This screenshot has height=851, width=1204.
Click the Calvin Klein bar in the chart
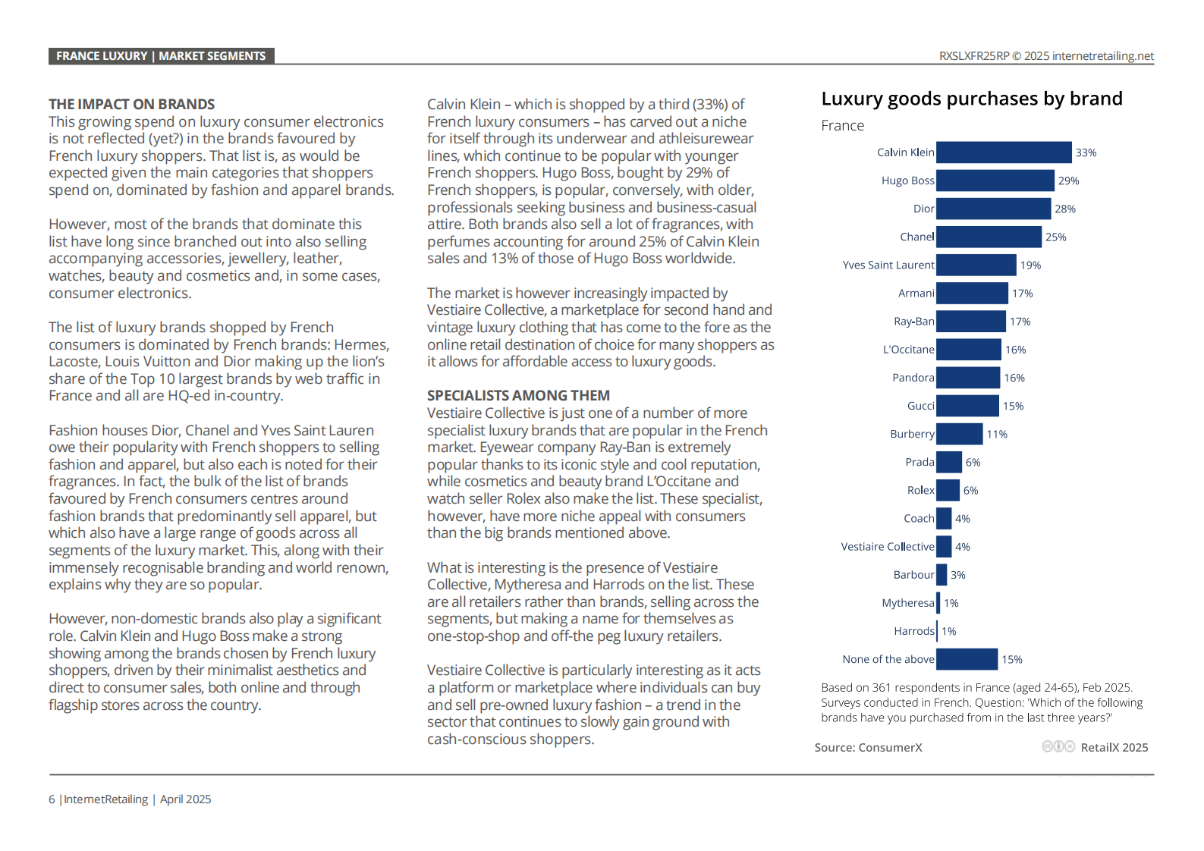1004,152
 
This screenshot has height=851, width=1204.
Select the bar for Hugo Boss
995,181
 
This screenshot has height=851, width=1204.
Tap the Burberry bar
960,434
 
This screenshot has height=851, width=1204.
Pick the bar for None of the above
967,659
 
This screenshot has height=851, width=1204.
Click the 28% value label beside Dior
1065,209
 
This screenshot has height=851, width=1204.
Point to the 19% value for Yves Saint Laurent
1030,265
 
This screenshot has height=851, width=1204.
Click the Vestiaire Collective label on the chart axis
888,547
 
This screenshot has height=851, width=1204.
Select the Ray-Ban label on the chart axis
913,322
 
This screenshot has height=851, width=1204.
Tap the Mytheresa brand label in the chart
908,603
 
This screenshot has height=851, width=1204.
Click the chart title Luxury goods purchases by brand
972,99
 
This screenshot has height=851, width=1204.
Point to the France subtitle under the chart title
842,126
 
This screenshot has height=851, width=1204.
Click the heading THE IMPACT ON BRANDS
132,104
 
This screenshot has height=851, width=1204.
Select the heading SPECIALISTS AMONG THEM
518,395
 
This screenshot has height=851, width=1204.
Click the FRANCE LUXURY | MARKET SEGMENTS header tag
162,56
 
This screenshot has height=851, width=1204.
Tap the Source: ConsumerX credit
868,747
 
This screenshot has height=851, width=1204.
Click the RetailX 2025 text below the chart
1114,747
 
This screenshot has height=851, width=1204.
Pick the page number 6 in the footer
52,799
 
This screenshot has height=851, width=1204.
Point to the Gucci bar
967,407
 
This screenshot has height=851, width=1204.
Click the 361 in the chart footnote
881,688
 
